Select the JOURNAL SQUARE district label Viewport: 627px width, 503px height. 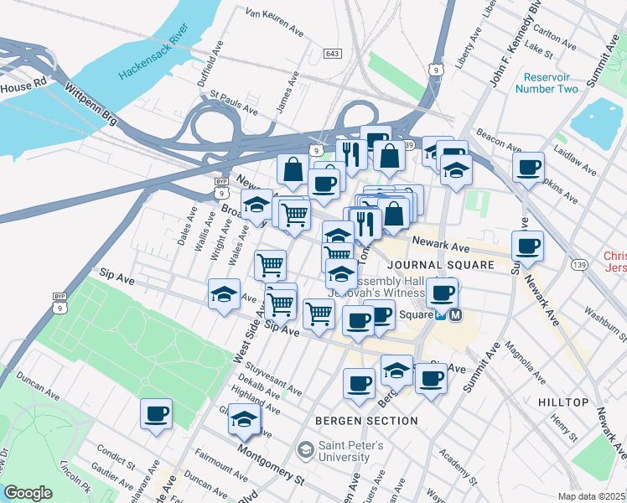click(462, 265)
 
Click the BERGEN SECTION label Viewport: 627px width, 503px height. click(366, 421)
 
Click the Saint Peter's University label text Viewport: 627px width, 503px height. click(350, 452)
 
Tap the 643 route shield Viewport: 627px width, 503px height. click(332, 54)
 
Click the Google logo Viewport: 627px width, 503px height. click(28, 493)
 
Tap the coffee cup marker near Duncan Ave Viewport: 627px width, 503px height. click(157, 414)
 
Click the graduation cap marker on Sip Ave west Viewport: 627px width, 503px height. click(224, 294)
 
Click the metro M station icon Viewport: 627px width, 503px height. click(455, 316)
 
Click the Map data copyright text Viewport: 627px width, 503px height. click(591, 496)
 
